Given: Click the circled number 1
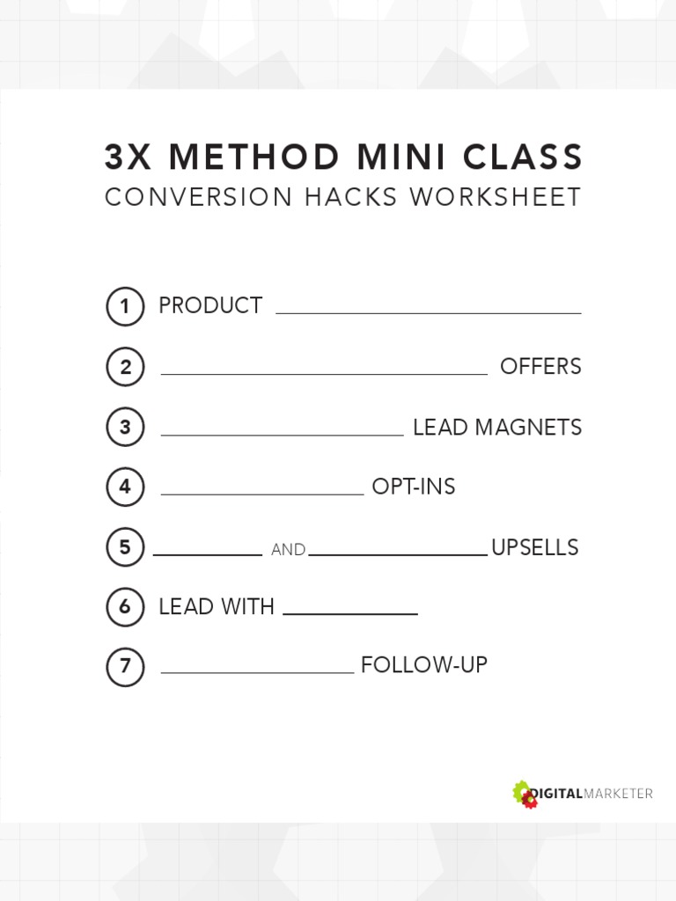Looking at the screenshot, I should pos(125,307).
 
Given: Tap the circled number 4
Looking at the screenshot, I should pos(125,487).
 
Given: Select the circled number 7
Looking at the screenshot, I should pos(125,667).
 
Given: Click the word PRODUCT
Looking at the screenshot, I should pos(210,306).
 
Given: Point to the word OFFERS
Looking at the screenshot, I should pos(540,367).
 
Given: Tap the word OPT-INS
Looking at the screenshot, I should pos(414,487).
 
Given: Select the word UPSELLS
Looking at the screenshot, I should pos(534,548).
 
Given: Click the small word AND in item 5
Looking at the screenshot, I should pos(288,550).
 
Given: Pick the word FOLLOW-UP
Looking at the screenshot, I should pos(424,665).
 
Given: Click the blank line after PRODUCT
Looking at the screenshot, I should pos(429,312).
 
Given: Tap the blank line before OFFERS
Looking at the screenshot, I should pos(324,374).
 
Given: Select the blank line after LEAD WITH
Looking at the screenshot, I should pos(350,613).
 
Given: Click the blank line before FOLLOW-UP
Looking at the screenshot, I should pos(257,672).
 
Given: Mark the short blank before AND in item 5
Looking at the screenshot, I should pos(208,555).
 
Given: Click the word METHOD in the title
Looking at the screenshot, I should pos(253,158).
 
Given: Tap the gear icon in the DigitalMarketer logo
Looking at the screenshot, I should pos(525,795).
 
